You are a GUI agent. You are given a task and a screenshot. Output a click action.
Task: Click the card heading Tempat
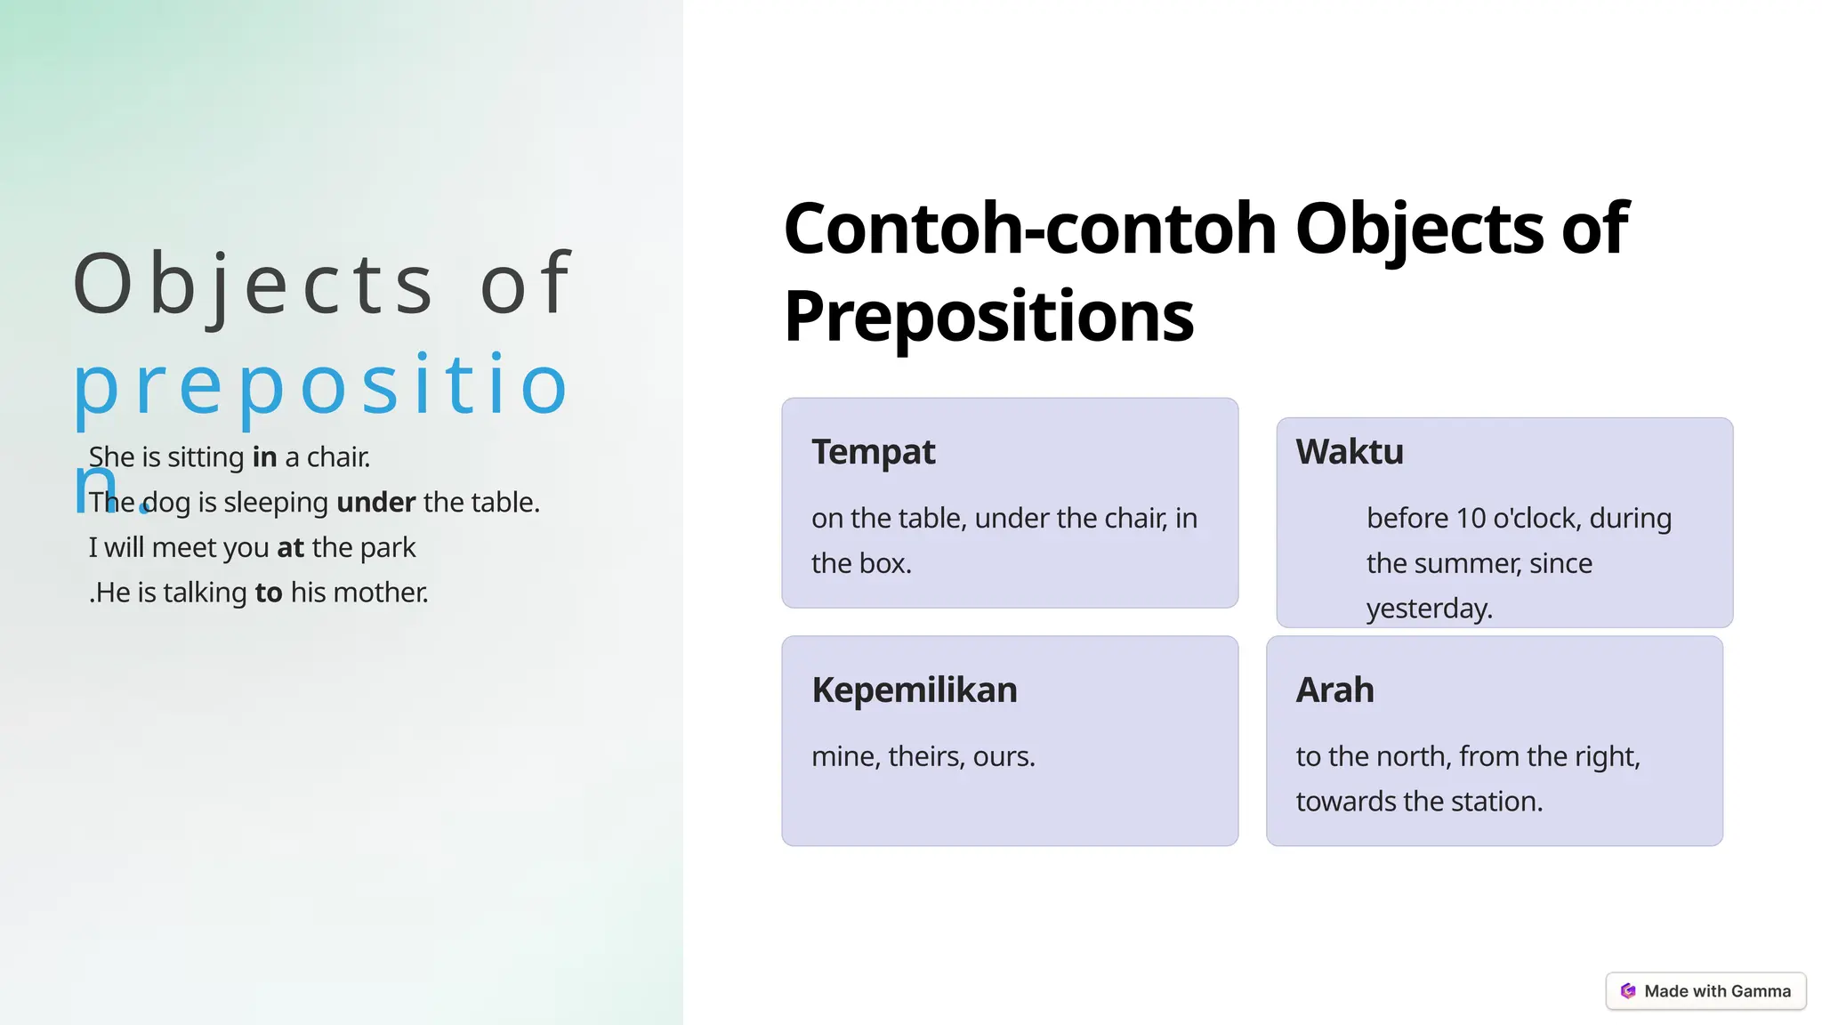pos(873,453)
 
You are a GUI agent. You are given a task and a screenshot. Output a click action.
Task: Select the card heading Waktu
pos(1349,452)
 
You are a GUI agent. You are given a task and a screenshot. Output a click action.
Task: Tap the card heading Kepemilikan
pos(914,690)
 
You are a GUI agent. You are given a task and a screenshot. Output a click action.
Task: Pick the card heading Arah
pos(1334,690)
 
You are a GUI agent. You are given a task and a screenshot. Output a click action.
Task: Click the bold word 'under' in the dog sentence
pos(375,503)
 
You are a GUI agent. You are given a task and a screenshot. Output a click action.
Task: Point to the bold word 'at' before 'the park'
pos(290,548)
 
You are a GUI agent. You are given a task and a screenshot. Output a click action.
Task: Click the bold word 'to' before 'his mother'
pos(268,593)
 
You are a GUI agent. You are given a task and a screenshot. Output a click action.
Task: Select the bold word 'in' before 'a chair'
pos(264,457)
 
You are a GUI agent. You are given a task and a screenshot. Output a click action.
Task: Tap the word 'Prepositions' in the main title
pos(988,317)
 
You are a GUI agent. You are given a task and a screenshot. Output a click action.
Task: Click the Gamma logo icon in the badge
pos(1627,991)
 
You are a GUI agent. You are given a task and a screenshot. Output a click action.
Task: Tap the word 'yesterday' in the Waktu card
pos(1427,609)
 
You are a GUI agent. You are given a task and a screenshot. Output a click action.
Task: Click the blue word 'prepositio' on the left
pos(320,385)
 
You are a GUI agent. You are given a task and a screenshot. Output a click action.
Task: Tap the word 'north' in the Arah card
pos(1410,757)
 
